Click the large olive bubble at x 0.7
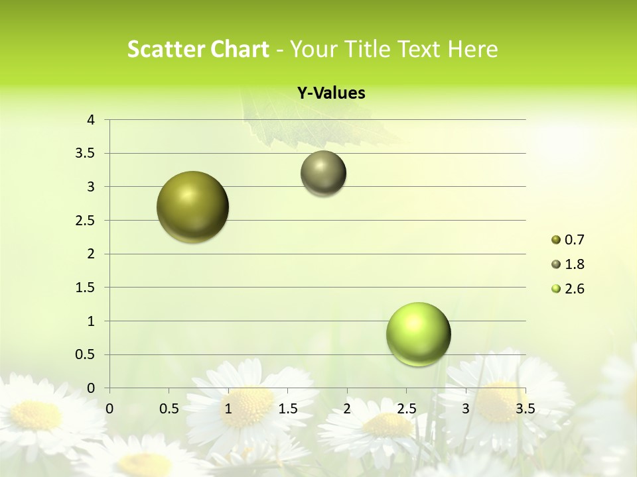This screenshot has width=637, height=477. [x=193, y=207]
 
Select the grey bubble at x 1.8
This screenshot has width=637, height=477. [x=323, y=173]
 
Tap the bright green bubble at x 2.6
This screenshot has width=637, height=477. [x=419, y=334]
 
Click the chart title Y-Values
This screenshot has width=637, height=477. [x=331, y=93]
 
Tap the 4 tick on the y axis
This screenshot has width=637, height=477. [x=92, y=120]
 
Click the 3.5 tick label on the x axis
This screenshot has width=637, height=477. [x=526, y=408]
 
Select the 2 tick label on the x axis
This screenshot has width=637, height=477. [x=347, y=408]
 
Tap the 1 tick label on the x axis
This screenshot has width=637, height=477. [x=228, y=408]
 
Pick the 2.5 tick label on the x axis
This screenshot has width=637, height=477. [x=406, y=408]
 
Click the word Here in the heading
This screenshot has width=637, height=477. [x=472, y=49]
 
